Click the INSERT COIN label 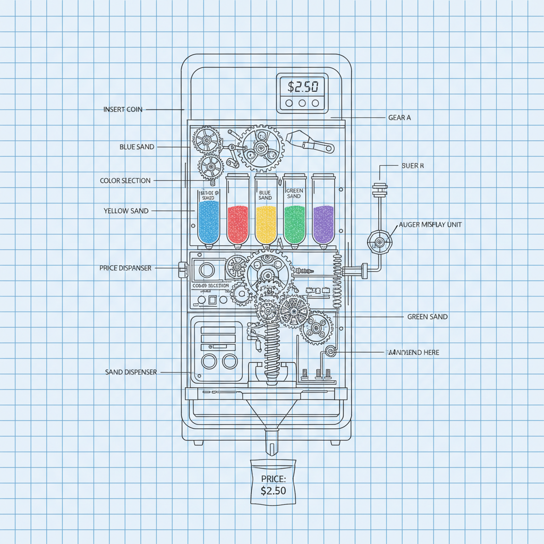tap(123, 109)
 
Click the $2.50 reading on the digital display tap(302, 86)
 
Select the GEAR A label tap(399, 118)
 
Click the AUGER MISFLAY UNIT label tap(434, 225)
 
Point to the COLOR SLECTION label tap(125, 181)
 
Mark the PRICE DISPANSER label tap(125, 268)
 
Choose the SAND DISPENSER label tap(131, 372)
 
